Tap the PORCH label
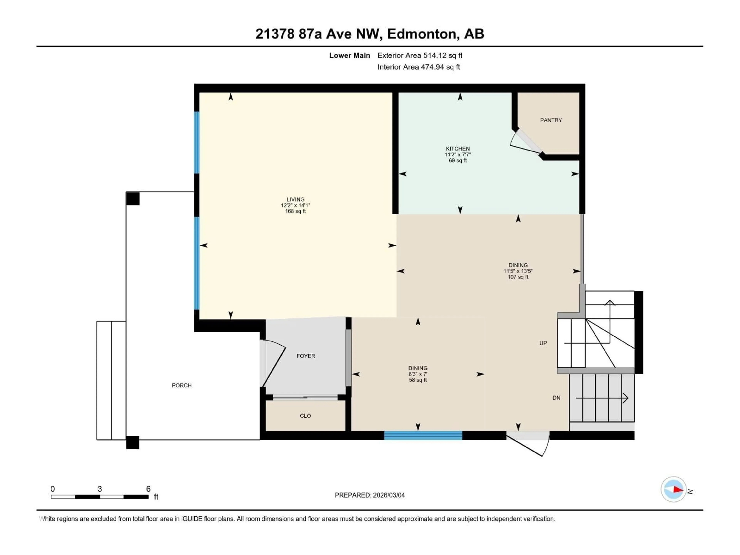click(182, 385)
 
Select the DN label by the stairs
click(556, 398)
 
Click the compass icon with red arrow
click(674, 489)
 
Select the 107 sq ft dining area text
click(518, 277)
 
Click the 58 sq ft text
click(418, 380)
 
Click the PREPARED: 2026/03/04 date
click(370, 495)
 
